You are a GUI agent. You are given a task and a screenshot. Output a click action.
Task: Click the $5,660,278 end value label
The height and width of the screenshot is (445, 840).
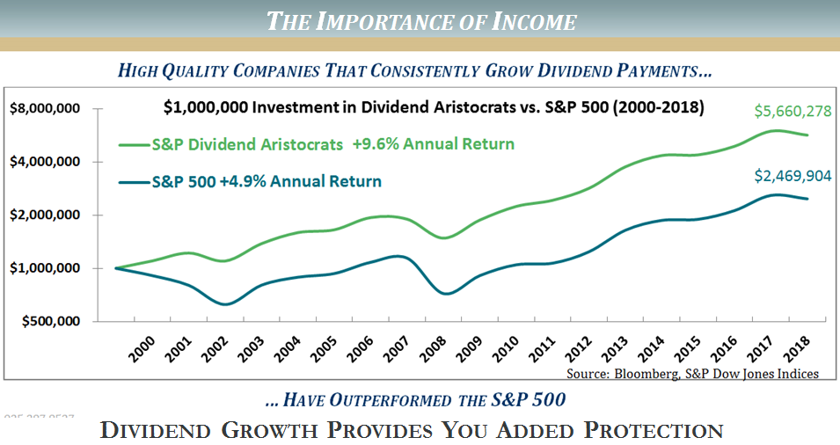click(x=794, y=112)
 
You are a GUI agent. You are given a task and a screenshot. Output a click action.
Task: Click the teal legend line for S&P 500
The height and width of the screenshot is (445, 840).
click(x=132, y=182)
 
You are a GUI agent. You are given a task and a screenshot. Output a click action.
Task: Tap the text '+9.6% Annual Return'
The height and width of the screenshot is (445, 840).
click(x=433, y=143)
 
